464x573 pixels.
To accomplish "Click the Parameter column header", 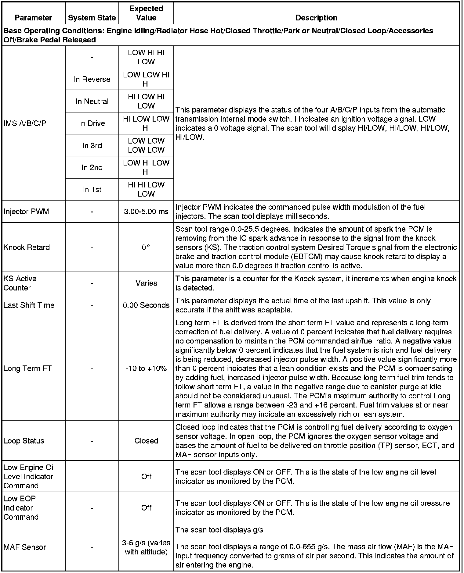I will click(x=34, y=18).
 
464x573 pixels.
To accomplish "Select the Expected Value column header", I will click(x=146, y=13).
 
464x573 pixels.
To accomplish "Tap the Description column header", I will click(x=316, y=18).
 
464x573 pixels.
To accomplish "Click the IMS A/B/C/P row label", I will click(x=25, y=123).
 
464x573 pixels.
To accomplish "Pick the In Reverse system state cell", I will click(x=92, y=79).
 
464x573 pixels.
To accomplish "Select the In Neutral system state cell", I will click(x=92, y=101).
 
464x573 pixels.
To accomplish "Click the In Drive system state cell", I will click(x=92, y=123).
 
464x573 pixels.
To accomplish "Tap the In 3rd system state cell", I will click(x=92, y=145).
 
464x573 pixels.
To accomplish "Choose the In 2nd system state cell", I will click(x=92, y=167).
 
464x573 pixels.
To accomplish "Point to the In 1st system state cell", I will click(x=92, y=190).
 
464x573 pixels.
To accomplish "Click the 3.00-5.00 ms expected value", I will click(x=146, y=212).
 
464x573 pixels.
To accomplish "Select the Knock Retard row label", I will click(x=27, y=247).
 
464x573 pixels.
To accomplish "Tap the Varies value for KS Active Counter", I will click(x=146, y=283).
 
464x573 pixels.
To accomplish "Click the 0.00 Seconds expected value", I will click(x=146, y=305).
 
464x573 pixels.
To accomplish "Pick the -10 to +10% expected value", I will click(x=146, y=368).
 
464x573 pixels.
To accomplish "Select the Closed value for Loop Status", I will click(x=146, y=441).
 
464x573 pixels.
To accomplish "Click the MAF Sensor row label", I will click(x=25, y=547).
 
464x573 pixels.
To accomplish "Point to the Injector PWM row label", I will click(x=26, y=212).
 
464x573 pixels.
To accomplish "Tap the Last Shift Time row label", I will click(x=29, y=305).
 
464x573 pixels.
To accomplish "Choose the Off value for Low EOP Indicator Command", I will click(x=146, y=508).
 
